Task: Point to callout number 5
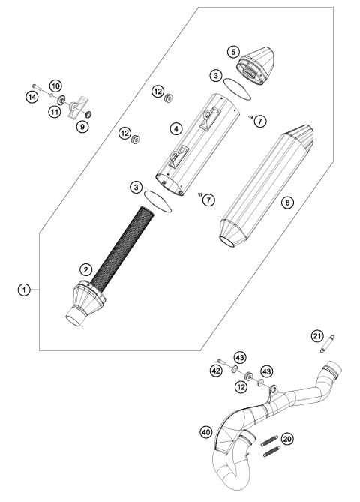[234, 51]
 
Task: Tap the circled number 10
[55, 85]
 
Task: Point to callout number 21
[316, 335]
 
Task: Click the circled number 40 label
[205, 431]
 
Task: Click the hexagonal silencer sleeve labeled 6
[255, 188]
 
